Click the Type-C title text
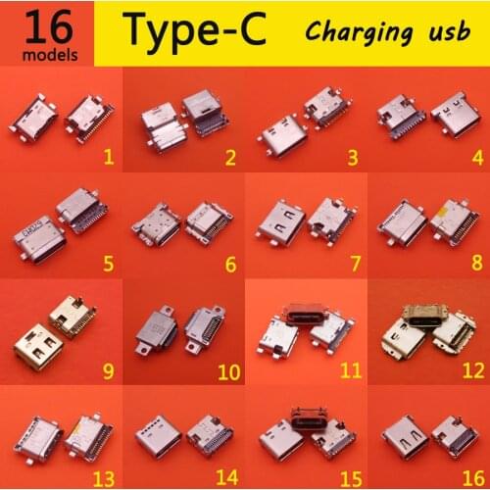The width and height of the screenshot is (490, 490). click(x=193, y=31)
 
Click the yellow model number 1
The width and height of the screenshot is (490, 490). click(x=109, y=156)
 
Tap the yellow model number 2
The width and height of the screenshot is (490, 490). click(x=230, y=156)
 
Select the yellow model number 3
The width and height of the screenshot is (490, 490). click(x=352, y=156)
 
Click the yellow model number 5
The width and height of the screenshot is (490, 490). click(x=109, y=263)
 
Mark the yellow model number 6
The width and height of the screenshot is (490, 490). click(x=230, y=263)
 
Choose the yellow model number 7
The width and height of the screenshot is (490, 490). click(x=352, y=263)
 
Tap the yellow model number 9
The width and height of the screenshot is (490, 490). click(x=109, y=370)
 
